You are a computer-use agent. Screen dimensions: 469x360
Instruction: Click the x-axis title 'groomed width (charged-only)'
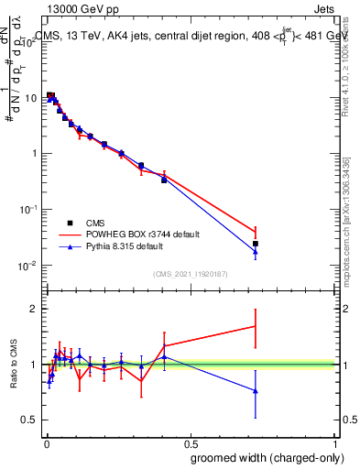click(263, 457)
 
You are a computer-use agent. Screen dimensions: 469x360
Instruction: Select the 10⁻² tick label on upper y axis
click(27, 267)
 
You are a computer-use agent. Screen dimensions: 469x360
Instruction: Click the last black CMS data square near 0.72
click(256, 244)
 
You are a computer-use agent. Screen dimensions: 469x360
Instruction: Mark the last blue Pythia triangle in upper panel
click(256, 253)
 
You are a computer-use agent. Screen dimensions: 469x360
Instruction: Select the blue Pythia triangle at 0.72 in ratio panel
click(256, 391)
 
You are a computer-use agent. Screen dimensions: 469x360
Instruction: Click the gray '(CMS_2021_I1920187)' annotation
click(191, 273)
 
